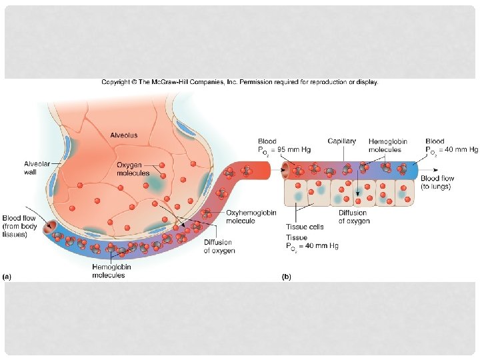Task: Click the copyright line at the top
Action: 239,82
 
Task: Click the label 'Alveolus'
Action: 124,135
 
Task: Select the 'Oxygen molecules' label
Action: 133,169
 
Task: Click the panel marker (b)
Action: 287,275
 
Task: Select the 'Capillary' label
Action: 341,141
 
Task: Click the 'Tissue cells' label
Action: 305,227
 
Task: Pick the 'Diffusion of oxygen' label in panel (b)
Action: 353,217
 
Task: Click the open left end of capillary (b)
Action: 285,171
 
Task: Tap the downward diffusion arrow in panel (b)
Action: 358,190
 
